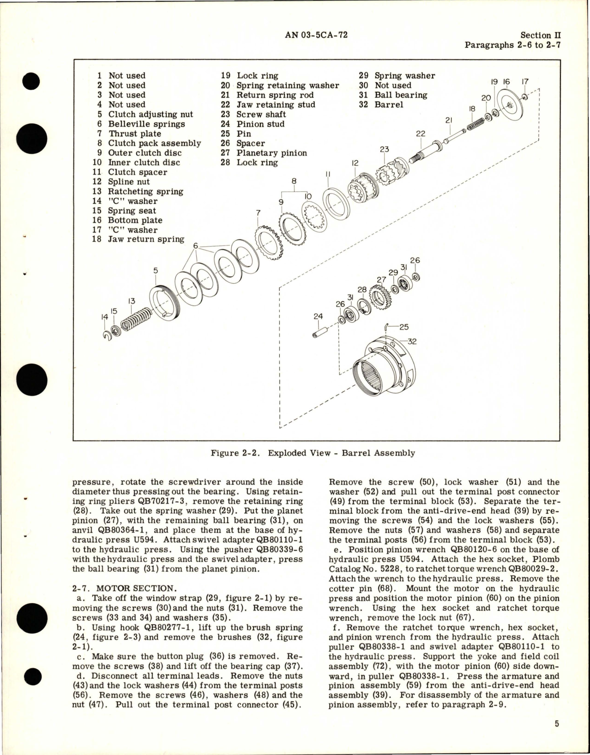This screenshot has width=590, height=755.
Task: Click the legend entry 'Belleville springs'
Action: click(146, 124)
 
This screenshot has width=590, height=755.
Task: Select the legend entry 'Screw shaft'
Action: click(261, 114)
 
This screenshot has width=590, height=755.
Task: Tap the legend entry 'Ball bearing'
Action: click(400, 95)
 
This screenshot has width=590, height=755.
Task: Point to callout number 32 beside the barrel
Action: click(412, 342)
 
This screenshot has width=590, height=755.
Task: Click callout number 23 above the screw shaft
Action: click(384, 149)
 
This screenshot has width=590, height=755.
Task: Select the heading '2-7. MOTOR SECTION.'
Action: click(124, 588)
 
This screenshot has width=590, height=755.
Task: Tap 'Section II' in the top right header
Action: click(535, 35)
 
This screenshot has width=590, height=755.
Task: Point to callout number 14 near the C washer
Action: click(104, 317)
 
